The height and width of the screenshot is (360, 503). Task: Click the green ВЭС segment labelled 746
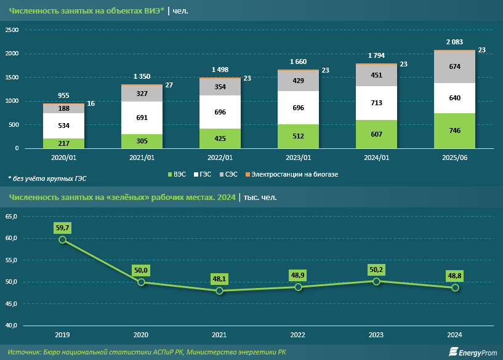454,130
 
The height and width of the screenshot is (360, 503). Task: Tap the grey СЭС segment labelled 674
454,66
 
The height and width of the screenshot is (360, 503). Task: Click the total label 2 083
454,41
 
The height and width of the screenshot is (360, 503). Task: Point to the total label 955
63,95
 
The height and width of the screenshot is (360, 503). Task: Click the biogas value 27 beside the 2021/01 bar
169,84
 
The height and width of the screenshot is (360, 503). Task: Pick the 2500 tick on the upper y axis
13,30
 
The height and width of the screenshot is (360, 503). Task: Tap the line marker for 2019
63,239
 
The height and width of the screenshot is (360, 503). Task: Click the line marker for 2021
219,290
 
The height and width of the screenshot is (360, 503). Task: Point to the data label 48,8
454,275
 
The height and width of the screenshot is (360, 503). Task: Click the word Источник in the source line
24,351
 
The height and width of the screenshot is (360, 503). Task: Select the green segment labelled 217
63,143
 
